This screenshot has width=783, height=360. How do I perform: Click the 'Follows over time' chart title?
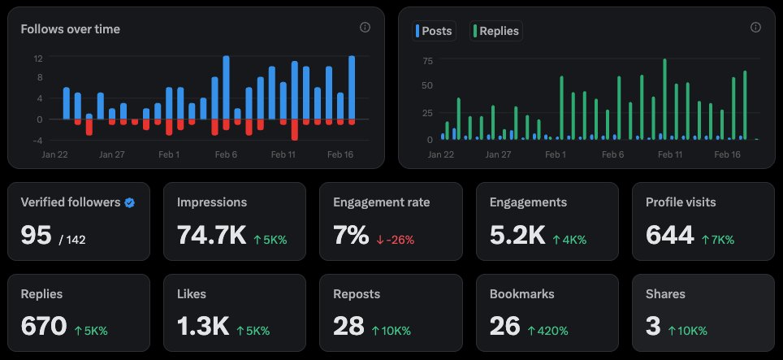[71, 29]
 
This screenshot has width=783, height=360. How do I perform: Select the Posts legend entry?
[434, 31]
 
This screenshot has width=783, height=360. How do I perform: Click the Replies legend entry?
[495, 31]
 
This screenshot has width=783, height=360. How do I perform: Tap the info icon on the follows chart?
[365, 27]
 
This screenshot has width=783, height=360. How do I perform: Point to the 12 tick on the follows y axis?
[37, 59]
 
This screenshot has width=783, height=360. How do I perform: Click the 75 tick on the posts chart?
[428, 61]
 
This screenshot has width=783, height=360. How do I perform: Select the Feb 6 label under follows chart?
[227, 154]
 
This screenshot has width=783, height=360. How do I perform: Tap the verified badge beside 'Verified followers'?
[129, 202]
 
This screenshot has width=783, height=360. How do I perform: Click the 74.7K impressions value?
[211, 236]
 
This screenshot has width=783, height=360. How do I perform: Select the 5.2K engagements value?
[517, 236]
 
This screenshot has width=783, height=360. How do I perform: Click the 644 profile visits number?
[669, 236]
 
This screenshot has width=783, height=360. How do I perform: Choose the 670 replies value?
[43, 327]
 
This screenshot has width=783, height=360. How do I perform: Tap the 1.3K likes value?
[202, 327]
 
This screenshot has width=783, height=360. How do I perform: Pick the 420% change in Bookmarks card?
[548, 331]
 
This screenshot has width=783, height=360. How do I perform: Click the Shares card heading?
[665, 294]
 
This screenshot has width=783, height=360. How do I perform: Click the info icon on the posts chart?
[755, 27]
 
